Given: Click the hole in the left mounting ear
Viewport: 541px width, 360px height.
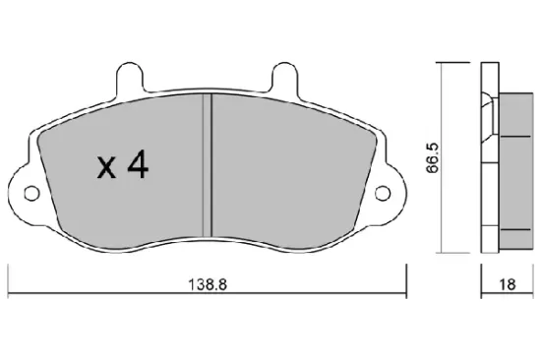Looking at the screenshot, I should point(30,192).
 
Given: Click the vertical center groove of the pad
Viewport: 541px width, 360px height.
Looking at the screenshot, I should point(208,167).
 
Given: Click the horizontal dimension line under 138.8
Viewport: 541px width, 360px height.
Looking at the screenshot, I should point(98,293).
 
